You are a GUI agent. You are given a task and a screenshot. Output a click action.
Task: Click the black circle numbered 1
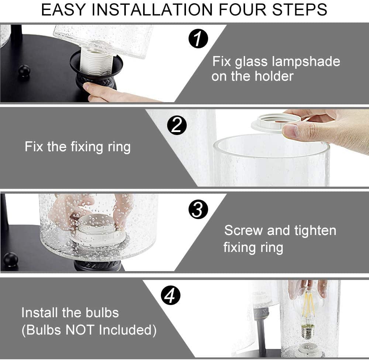198,39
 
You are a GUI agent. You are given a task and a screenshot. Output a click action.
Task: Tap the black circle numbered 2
177,125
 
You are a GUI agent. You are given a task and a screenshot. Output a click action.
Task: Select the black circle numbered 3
198,210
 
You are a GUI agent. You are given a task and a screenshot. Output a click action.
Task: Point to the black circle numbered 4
170,295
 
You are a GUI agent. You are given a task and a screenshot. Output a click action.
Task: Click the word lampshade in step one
306,62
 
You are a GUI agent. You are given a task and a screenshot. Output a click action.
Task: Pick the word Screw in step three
243,230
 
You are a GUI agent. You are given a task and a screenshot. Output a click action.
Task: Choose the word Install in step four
40,313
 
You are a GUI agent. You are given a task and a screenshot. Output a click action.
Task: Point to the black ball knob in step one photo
24,70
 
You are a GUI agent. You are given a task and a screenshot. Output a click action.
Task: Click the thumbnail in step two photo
290,131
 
